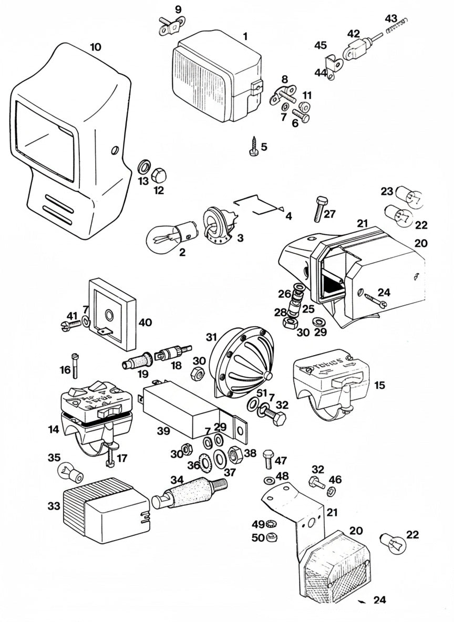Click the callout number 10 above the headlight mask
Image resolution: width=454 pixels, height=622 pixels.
[x=95, y=47]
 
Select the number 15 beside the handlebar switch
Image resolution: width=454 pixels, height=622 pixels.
[x=379, y=385]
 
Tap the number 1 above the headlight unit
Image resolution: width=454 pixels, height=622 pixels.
[x=245, y=36]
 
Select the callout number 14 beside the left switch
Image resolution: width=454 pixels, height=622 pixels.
[x=54, y=429]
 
